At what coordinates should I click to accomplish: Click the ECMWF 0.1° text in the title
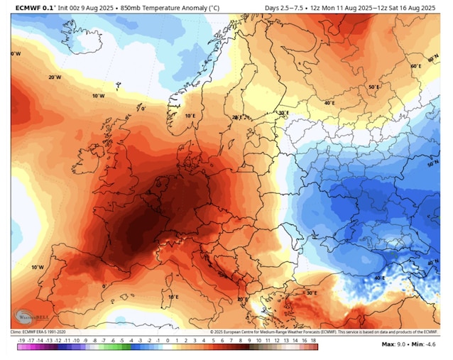pos(31,8)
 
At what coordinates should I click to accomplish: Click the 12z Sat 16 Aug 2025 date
pos(403,8)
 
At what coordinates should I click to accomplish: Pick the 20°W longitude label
pos(55,77)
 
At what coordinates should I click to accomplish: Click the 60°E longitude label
pos(416,66)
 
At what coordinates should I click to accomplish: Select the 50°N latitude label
pos(432,164)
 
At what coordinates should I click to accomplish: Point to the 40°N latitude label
pos(432,263)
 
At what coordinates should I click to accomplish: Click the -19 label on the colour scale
pos(22,341)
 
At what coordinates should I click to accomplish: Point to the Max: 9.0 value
pos(394,344)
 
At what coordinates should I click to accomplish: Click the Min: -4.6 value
pos(427,344)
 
